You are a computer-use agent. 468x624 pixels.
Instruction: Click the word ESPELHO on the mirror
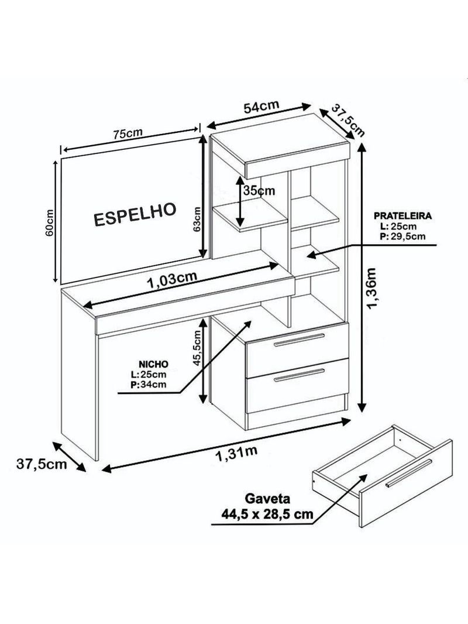coord(135,214)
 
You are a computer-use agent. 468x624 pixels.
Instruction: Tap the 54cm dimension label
coord(261,107)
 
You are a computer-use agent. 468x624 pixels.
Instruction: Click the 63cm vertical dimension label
coord(197,220)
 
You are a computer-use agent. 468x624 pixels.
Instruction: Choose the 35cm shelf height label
coord(259,191)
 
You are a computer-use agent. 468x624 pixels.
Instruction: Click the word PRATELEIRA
coord(403,216)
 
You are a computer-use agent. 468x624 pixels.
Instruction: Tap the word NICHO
coord(153,364)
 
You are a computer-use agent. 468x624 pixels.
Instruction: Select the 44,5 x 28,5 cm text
coord(267,514)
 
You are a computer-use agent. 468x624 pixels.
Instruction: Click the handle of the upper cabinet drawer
coord(299,340)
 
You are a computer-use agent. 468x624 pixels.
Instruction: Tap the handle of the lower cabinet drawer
coord(299,375)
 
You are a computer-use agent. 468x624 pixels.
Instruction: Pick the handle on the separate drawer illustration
coord(409,473)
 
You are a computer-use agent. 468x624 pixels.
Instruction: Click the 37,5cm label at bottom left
coord(42,464)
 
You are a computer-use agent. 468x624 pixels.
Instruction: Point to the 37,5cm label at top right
coord(348,120)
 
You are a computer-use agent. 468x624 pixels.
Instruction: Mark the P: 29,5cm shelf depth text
coord(402,236)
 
